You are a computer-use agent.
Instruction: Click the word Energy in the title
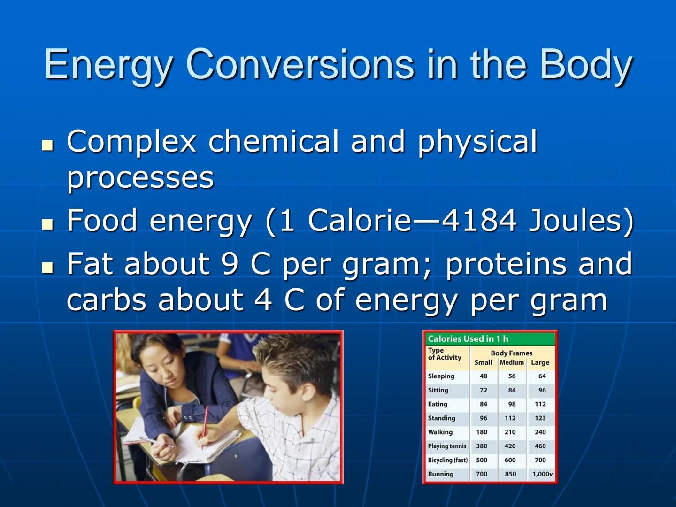pyautogui.click(x=108, y=65)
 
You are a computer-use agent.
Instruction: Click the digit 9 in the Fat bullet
pyautogui.click(x=230, y=264)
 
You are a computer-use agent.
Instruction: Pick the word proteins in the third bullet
pyautogui.click(x=506, y=264)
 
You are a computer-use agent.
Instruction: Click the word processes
pyautogui.click(x=140, y=178)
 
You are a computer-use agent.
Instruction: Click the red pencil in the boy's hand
pyautogui.click(x=205, y=425)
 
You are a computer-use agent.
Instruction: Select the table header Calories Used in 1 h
pyautogui.click(x=468, y=339)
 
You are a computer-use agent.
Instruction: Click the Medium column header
pyautogui.click(x=511, y=363)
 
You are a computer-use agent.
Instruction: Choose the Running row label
pyautogui.click(x=440, y=474)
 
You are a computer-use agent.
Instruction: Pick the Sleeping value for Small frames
pyautogui.click(x=483, y=376)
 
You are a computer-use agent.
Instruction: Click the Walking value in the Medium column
pyautogui.click(x=510, y=432)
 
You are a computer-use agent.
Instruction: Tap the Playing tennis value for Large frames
pyautogui.click(x=540, y=446)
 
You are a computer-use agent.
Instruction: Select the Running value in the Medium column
pyautogui.click(x=510, y=474)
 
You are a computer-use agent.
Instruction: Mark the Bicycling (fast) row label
pyautogui.click(x=447, y=461)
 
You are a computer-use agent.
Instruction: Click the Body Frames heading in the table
pyautogui.click(x=511, y=353)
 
